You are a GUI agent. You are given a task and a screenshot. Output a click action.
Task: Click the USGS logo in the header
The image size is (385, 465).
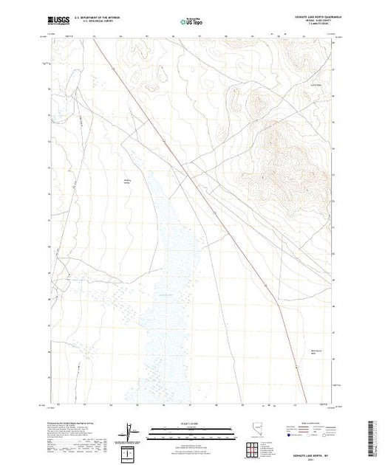pyautogui.click(x=59, y=20)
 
